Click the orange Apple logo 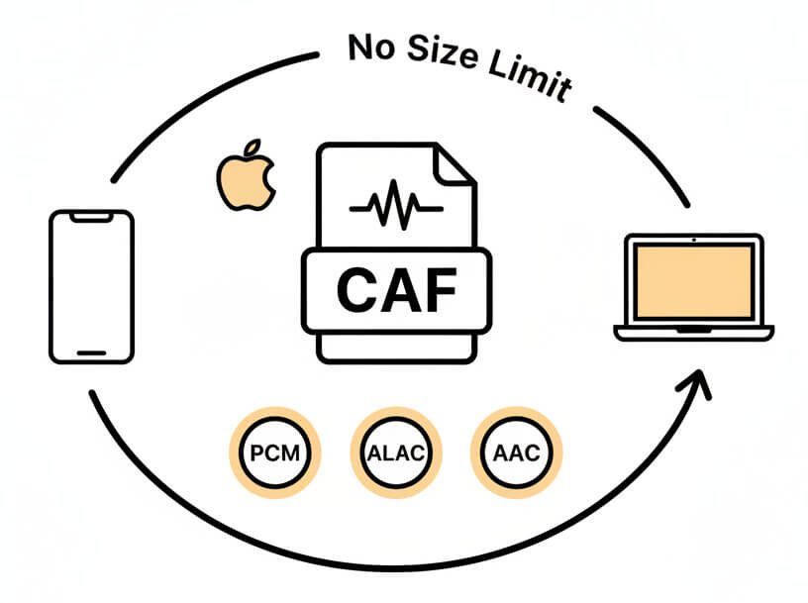pyautogui.click(x=245, y=180)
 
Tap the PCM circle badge pyautogui.click(x=274, y=454)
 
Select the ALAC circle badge pyautogui.click(x=395, y=454)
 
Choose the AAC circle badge pyautogui.click(x=516, y=454)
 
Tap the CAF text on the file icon pyautogui.click(x=396, y=288)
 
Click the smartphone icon pyautogui.click(x=91, y=286)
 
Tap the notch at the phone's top pyautogui.click(x=91, y=215)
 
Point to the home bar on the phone pyautogui.click(x=91, y=352)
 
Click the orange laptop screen pyautogui.click(x=693, y=281)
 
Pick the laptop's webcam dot pyautogui.click(x=693, y=240)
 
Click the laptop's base pyautogui.click(x=693, y=332)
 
